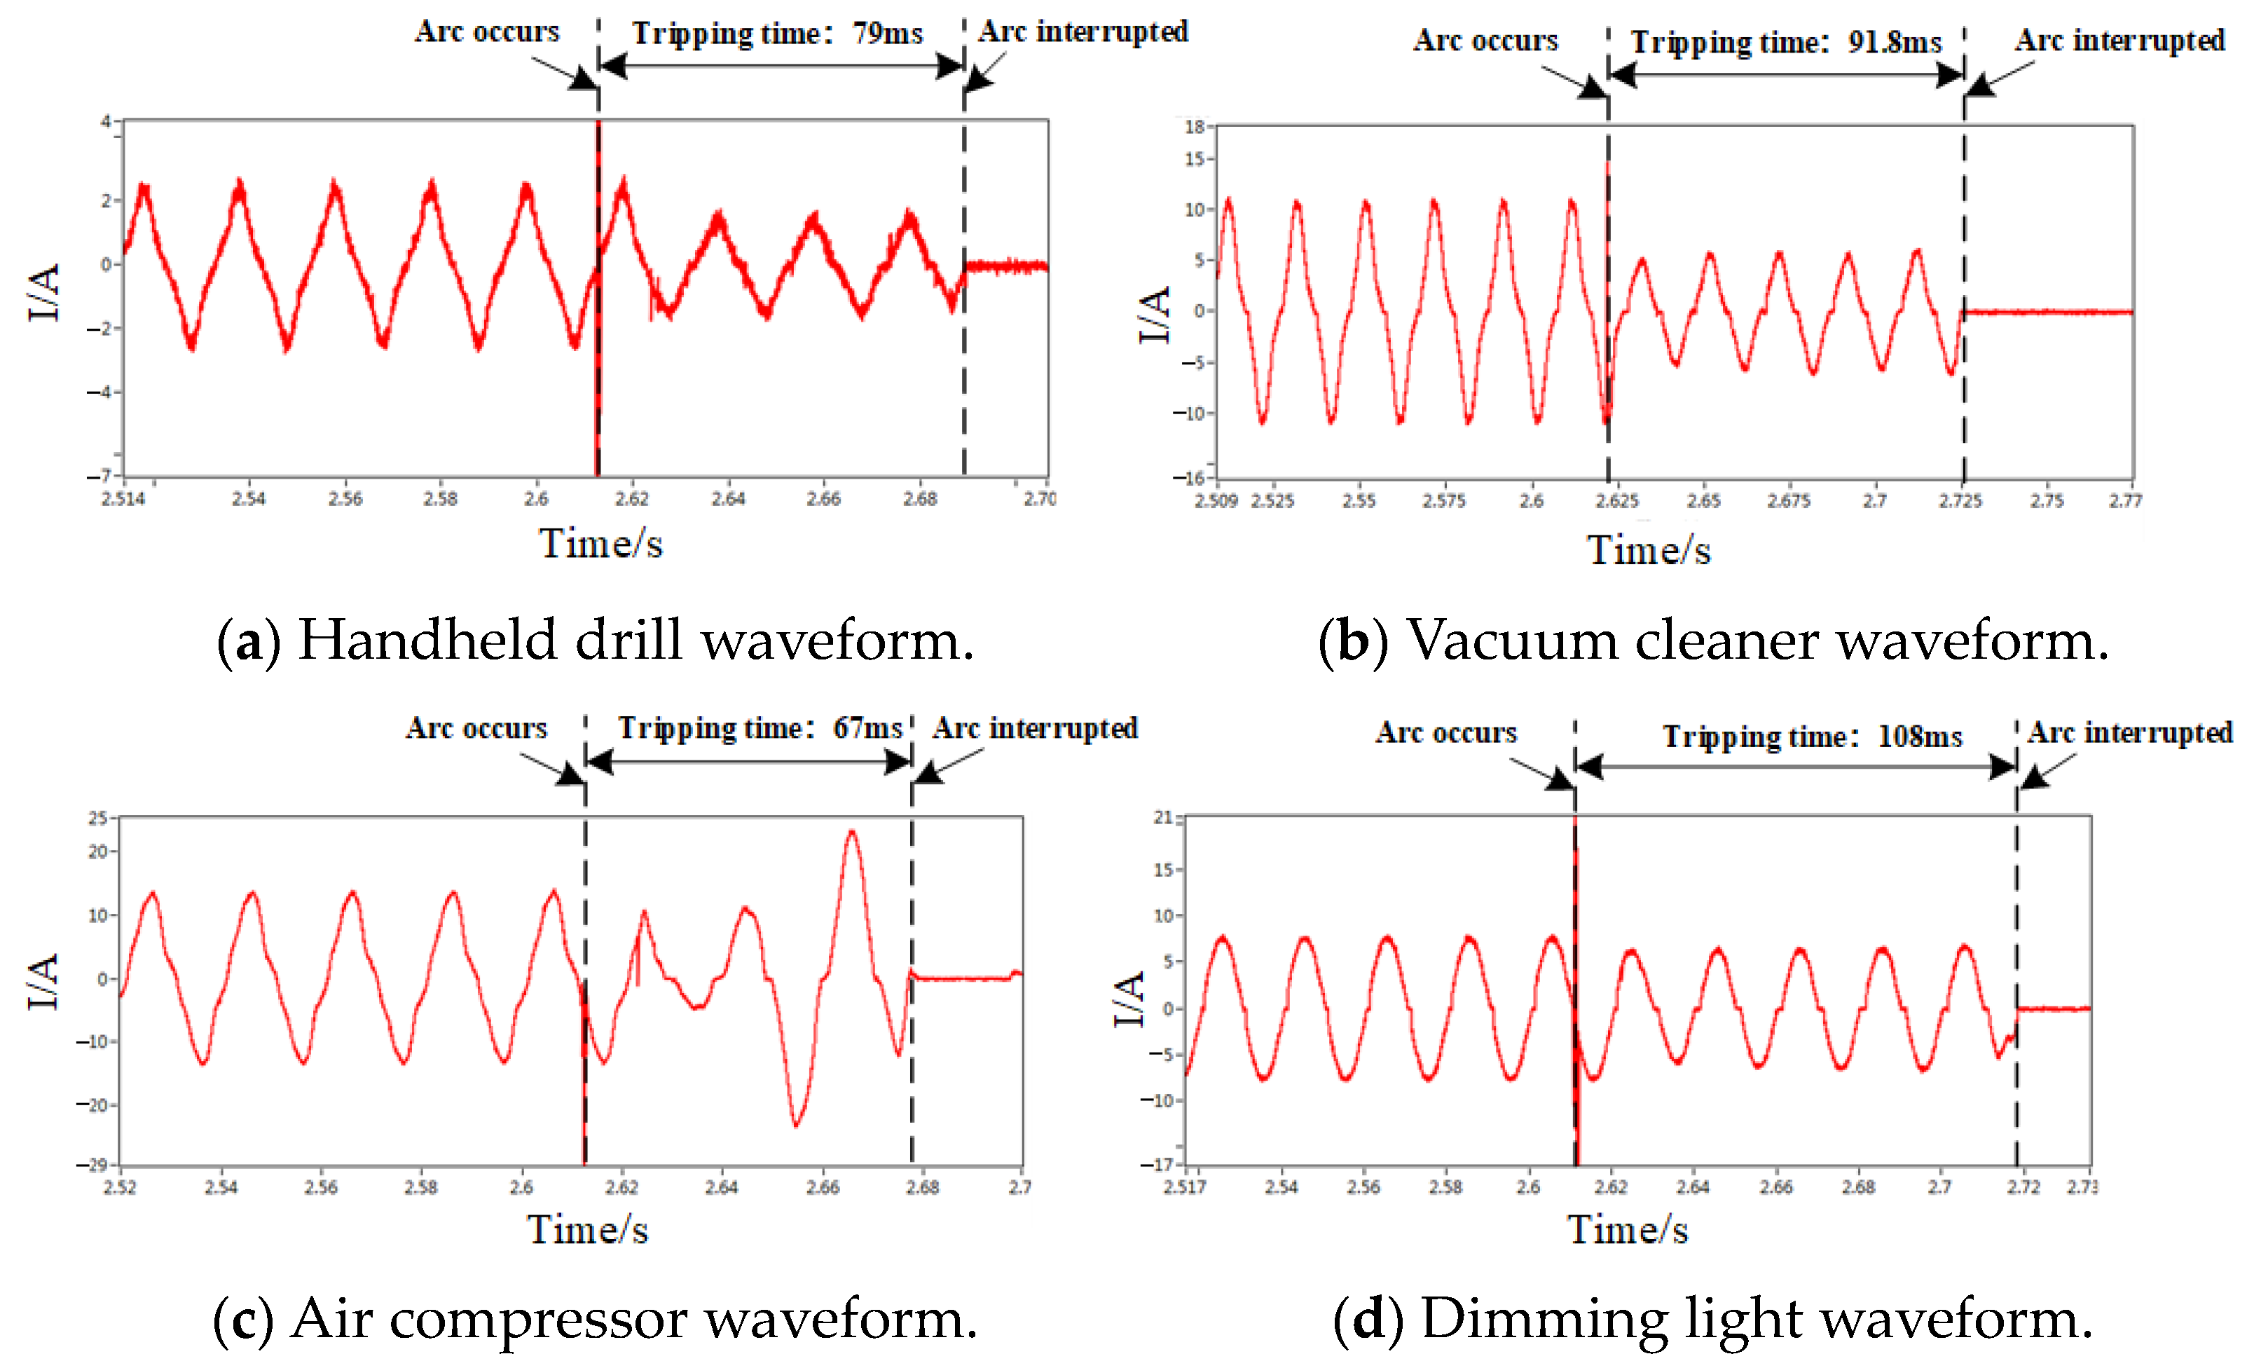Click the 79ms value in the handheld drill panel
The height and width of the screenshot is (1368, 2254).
click(x=887, y=34)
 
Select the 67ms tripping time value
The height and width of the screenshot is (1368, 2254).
click(x=867, y=728)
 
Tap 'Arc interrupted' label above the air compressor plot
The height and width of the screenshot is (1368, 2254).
click(x=1035, y=728)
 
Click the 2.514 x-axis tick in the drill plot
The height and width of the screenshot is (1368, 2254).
click(x=123, y=499)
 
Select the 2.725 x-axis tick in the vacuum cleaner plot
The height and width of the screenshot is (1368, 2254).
click(x=1960, y=502)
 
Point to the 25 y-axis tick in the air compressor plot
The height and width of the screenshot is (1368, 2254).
click(x=97, y=818)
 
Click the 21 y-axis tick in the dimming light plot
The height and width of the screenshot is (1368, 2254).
click(x=1162, y=817)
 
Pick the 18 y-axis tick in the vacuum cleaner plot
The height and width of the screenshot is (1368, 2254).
click(x=1195, y=126)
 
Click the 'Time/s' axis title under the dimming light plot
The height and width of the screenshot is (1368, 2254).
click(x=1628, y=1229)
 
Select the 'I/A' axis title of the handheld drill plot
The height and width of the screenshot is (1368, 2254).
click(x=44, y=293)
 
